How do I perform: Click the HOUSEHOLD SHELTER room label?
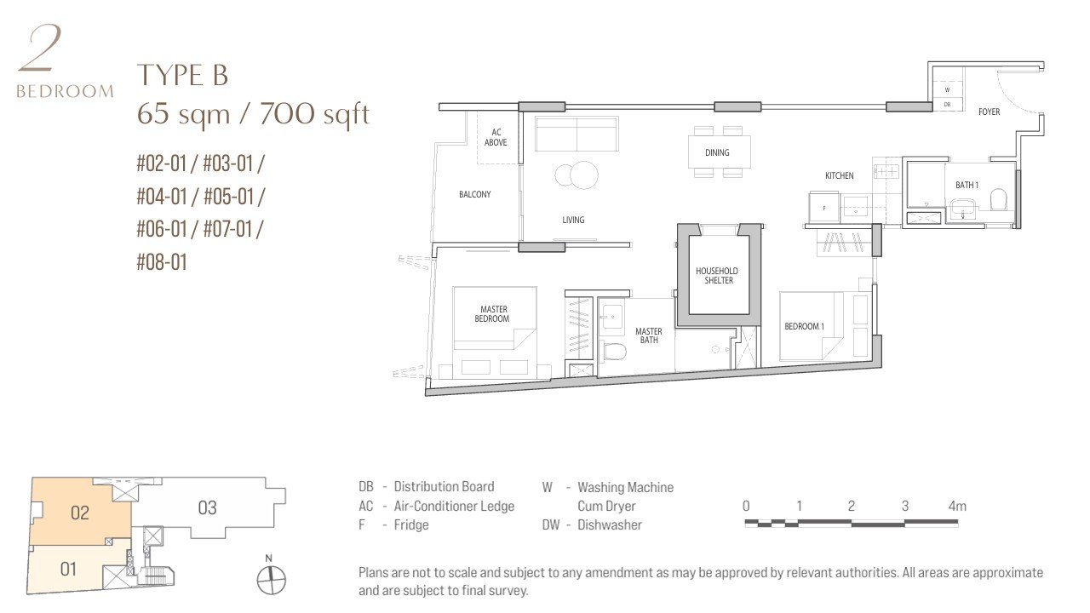click(x=717, y=275)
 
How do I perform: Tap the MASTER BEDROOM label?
click(x=492, y=314)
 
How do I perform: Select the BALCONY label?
click(x=475, y=195)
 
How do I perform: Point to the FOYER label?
click(x=990, y=112)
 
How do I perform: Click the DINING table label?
click(x=717, y=152)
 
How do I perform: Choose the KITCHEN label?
click(x=840, y=175)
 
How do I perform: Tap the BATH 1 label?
click(x=967, y=185)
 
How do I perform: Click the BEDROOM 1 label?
click(x=805, y=326)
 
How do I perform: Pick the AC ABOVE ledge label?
click(x=496, y=137)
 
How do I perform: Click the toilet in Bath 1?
click(x=998, y=199)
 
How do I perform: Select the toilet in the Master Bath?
click(x=615, y=352)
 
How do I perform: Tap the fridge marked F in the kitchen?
click(x=823, y=208)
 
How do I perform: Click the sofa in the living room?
click(x=577, y=134)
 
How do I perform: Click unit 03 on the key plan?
click(x=207, y=508)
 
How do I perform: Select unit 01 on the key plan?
click(x=68, y=569)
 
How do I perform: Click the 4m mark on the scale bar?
click(x=957, y=506)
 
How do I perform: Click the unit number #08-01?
click(x=162, y=262)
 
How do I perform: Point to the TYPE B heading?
click(x=182, y=76)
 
